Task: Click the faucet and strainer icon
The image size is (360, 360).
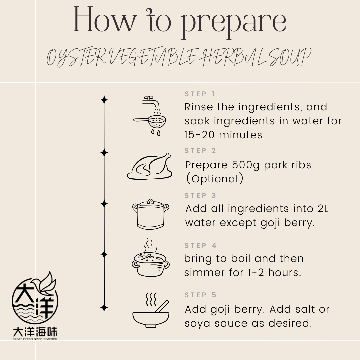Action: pos(150,116)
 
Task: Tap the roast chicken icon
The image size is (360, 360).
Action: pos(149,166)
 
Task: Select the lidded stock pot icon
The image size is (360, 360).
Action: pos(151,214)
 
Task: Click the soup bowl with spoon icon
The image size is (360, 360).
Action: pos(151,310)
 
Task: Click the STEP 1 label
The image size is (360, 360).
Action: pos(200,94)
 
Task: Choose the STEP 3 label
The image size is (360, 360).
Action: pos(200,196)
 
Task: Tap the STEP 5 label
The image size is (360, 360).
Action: pos(200,295)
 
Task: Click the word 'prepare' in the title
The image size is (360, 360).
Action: pos(234,23)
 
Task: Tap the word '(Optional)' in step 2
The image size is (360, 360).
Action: pos(214,179)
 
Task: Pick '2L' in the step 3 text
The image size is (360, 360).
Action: pos(323,208)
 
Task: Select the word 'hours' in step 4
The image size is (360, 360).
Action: pos(285,273)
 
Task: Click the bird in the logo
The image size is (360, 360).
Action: pos(45,284)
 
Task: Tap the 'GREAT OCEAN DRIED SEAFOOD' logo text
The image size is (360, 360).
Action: pos(35,339)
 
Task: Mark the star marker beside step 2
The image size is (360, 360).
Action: pos(104,153)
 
